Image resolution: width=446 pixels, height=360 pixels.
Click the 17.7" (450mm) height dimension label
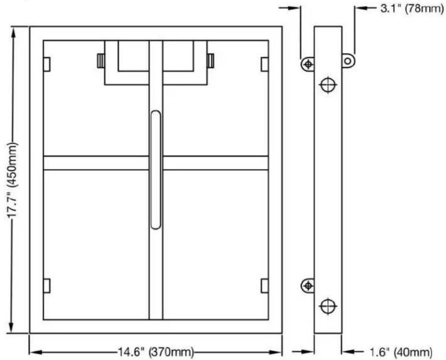pyautogui.click(x=12, y=180)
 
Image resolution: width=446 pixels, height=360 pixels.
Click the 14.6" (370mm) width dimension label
pyautogui.click(x=156, y=352)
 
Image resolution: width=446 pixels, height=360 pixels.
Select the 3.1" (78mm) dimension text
pyautogui.click(x=412, y=9)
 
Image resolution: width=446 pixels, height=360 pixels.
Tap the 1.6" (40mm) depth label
pyautogui.click(x=401, y=352)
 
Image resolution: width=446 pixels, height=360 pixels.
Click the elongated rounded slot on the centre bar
pyautogui.click(x=156, y=170)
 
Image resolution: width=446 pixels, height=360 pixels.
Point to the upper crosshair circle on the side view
pyautogui.click(x=328, y=85)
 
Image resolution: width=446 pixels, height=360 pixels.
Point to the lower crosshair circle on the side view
pyautogui.click(x=328, y=306)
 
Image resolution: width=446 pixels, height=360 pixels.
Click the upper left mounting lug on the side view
pyautogui.click(x=308, y=65)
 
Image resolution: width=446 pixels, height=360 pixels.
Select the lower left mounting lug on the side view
pyautogui.click(x=308, y=285)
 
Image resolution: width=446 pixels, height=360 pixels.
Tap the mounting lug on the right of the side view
pyautogui.click(x=348, y=61)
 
